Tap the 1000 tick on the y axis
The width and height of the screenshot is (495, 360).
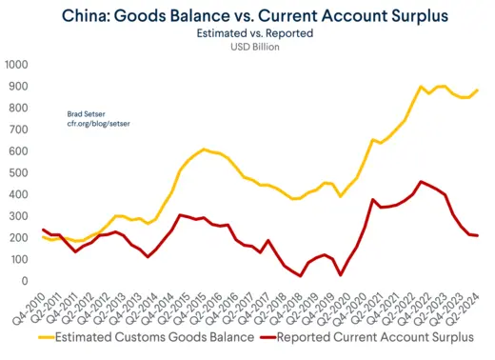tap(16, 65)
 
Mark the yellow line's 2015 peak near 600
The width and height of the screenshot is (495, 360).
tap(204, 150)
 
